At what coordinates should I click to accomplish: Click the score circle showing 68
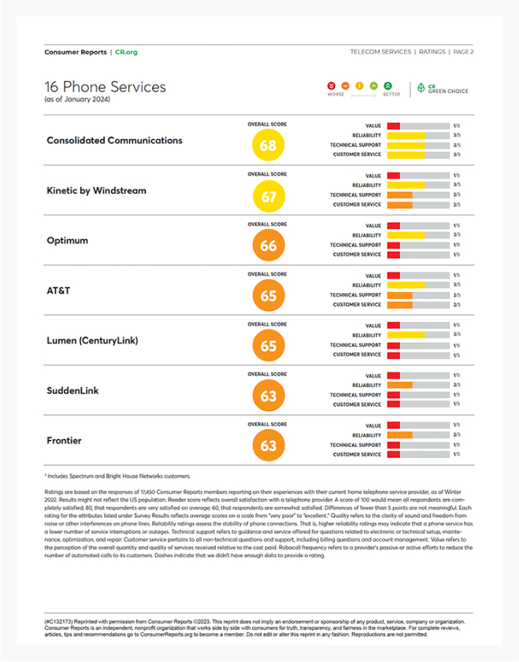coord(268,146)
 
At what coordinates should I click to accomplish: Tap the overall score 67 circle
coord(268,195)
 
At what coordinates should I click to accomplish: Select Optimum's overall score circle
coord(268,246)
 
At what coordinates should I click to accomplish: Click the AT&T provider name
coord(59,290)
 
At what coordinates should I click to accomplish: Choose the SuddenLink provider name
coord(72,390)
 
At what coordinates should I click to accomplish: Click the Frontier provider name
coord(64,441)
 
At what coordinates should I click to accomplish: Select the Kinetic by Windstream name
coord(96,190)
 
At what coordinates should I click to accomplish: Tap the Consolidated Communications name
coord(114,140)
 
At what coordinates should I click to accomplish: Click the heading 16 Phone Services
coord(106,87)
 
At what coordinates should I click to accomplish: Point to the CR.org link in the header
coord(126,51)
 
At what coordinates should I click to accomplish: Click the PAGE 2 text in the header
coord(462,51)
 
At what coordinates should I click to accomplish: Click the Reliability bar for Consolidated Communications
coord(417,135)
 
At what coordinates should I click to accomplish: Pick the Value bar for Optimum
coord(417,226)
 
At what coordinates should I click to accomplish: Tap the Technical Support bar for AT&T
coord(417,295)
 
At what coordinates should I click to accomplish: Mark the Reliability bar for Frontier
coord(417,435)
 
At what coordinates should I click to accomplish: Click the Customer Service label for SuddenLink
coord(357,405)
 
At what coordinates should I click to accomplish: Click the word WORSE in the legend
coord(335,94)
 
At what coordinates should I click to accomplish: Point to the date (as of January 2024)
coord(78,99)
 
